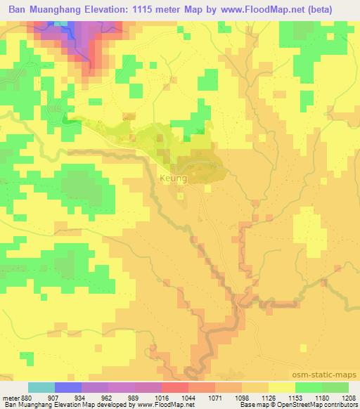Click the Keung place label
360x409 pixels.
(174, 178)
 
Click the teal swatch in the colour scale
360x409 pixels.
(41, 387)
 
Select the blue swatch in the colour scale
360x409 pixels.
(68, 387)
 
